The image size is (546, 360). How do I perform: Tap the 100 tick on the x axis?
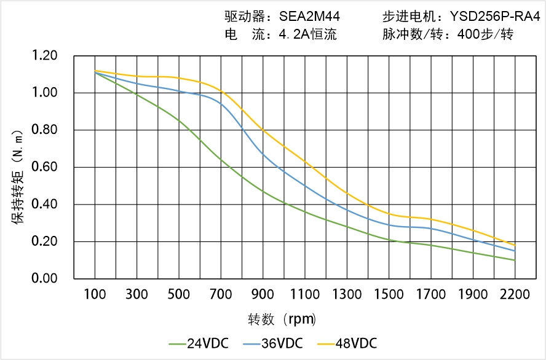(x=95, y=295)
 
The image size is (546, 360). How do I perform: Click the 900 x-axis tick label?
(x=263, y=295)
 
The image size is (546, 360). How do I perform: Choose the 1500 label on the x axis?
(x=389, y=295)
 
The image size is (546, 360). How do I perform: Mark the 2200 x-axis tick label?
(x=515, y=295)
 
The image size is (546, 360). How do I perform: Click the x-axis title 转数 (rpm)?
(x=282, y=319)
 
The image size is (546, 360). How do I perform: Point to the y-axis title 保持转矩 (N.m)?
(x=18, y=176)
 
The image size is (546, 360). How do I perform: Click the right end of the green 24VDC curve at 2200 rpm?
(x=515, y=260)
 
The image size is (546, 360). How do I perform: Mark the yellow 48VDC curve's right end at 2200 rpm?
(x=515, y=245)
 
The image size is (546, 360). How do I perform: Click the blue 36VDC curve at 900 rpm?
(x=263, y=153)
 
